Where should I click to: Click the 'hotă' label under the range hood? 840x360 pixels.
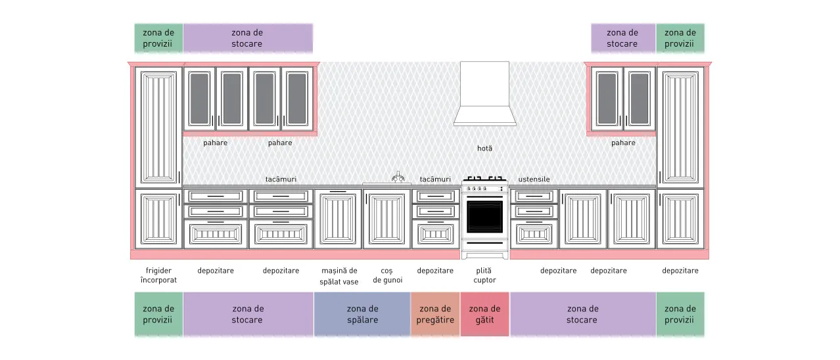tap(484, 148)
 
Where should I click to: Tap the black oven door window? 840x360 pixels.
tap(484, 217)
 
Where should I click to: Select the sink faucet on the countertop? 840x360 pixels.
tap(398, 177)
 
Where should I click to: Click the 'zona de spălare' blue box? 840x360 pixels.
tap(362, 314)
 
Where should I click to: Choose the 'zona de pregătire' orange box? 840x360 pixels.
tap(435, 314)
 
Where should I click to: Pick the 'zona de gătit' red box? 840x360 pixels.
tap(484, 314)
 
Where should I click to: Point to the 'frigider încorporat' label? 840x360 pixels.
tap(158, 275)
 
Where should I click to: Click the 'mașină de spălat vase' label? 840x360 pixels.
tap(339, 276)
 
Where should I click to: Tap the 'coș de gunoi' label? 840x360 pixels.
tap(387, 275)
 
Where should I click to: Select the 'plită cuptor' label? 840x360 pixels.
tap(484, 275)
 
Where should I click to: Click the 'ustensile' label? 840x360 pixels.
tap(534, 179)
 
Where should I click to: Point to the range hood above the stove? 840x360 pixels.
tap(484, 94)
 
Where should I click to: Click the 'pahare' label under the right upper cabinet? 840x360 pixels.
tap(623, 143)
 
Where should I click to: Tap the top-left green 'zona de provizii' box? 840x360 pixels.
tap(158, 38)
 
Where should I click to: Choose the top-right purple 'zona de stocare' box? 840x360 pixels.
tap(623, 38)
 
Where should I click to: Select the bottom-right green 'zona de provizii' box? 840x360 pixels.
tap(680, 314)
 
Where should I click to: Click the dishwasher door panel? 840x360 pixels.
tap(338, 219)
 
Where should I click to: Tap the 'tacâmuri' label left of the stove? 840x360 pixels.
tap(435, 179)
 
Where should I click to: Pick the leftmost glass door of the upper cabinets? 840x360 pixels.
tap(200, 99)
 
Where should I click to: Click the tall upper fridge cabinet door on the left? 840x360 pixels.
tap(158, 127)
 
